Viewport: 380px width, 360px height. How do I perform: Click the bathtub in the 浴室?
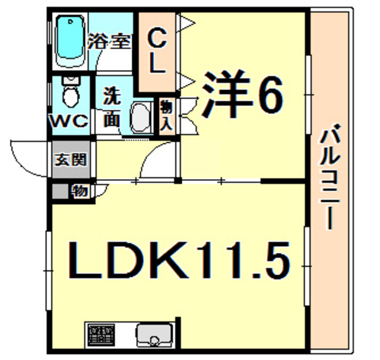pos(70,41)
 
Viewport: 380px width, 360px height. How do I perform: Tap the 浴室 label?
pos(109,42)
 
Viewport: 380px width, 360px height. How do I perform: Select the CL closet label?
pos(157,51)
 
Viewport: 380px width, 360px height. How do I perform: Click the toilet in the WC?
pos(71,92)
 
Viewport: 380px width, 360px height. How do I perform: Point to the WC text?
pos(69,121)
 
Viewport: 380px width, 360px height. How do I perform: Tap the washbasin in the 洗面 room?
pos(141,117)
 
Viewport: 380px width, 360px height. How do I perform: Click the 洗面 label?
pos(112,108)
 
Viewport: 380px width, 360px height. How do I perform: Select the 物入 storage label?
pos(166,116)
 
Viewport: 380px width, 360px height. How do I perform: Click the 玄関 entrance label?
pos(71,159)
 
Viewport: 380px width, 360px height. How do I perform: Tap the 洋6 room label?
pos(242,94)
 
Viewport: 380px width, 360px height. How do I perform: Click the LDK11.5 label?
pos(179,260)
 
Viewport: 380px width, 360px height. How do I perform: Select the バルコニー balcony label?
pos(329,177)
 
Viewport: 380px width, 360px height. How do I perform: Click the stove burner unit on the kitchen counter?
pos(102,335)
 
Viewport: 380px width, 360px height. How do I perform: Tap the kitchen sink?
pos(154,336)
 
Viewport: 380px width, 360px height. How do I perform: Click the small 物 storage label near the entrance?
pos(80,191)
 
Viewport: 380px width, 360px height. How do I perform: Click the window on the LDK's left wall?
pos(49,270)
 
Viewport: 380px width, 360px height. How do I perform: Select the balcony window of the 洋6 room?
pos(308,94)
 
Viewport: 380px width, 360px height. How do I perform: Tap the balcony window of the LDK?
pos(308,266)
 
